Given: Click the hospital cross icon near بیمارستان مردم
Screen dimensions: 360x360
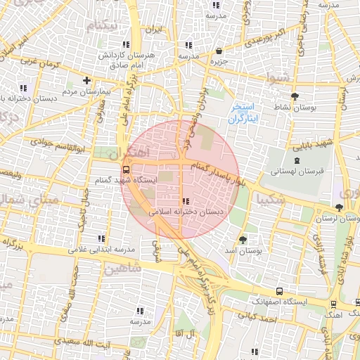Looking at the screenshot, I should (86, 80).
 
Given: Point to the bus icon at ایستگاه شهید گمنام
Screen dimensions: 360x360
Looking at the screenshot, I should (126, 169).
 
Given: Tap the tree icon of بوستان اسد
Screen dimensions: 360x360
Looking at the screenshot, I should (243, 239).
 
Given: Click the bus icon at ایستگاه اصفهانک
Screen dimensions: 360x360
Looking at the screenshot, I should (280, 290).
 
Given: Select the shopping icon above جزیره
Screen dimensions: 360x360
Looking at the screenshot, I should (219, 51).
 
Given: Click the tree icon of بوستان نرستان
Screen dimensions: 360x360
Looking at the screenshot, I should (340, 207).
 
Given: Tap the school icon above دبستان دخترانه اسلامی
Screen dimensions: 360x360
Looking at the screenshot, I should (185, 201).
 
